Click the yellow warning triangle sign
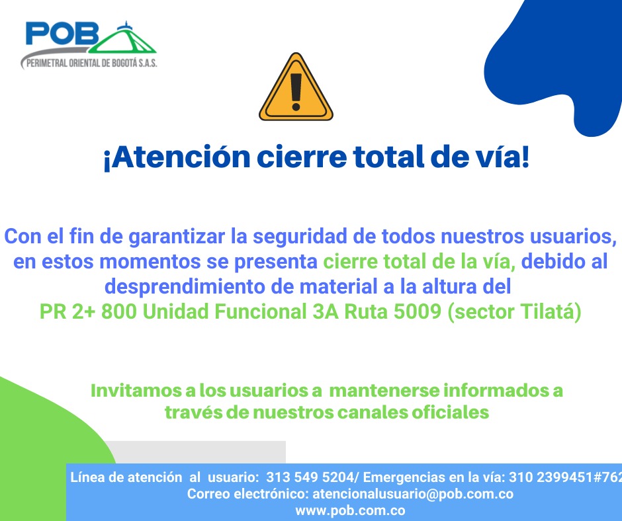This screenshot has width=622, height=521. point(296,88)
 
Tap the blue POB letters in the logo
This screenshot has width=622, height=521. point(62,33)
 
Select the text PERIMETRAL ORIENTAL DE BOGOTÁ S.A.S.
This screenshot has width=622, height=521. point(91,63)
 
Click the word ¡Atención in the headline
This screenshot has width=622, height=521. point(177,157)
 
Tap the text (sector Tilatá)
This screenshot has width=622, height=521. point(515,311)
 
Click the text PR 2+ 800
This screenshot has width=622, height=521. point(88,311)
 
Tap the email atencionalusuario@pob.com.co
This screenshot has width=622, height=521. point(413,494)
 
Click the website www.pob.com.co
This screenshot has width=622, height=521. point(350,510)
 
